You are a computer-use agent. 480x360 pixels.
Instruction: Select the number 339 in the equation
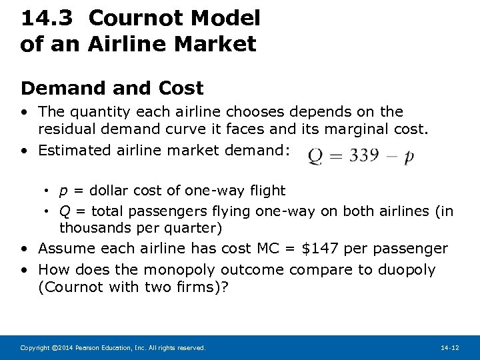tap(363, 156)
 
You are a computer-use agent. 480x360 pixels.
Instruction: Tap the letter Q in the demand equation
tap(316, 157)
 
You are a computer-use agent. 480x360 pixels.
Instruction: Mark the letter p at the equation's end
tap(409, 157)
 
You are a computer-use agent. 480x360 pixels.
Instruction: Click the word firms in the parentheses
tap(199, 287)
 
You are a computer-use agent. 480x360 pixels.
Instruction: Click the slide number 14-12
tap(449, 348)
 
